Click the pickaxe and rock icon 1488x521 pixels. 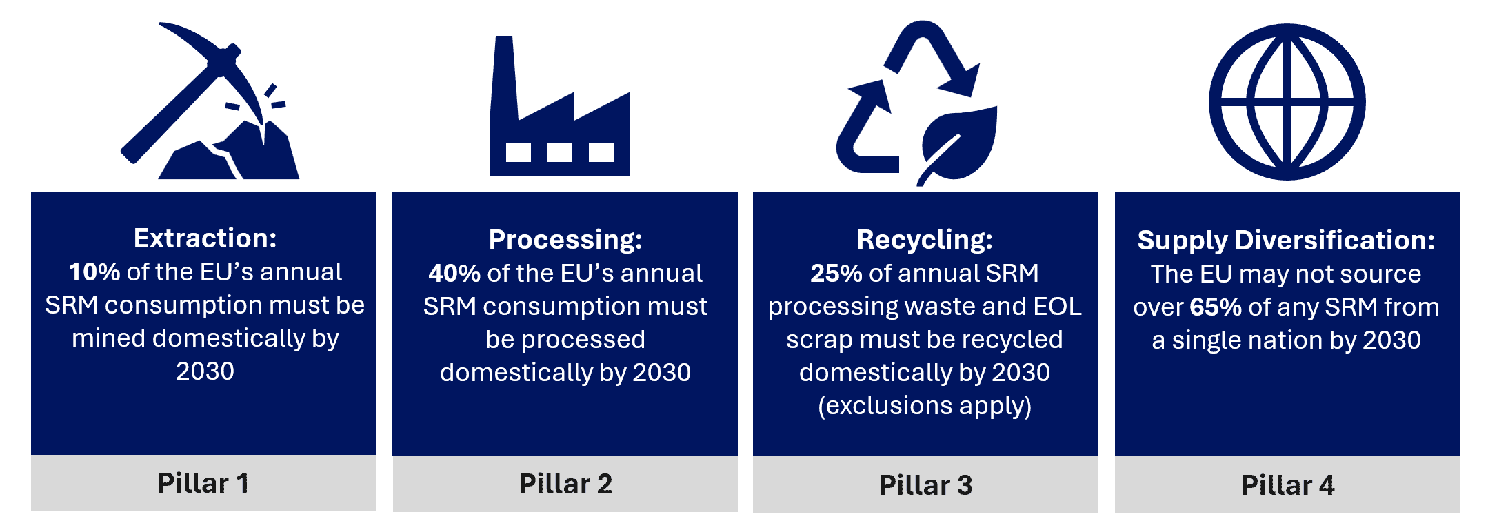207,110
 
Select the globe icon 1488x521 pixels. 1287,102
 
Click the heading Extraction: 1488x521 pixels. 205,238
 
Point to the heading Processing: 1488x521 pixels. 565,240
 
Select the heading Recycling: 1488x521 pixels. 925,240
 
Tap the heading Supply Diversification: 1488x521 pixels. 1287,241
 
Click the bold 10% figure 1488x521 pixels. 94,272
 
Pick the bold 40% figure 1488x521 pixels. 454,274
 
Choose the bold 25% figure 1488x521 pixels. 836,274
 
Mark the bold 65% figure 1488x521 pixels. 1216,307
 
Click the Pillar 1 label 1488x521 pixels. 203,483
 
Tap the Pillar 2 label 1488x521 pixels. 565,484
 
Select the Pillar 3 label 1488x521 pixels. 925,485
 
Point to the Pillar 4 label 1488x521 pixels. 1287,485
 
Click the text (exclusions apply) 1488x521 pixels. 925,406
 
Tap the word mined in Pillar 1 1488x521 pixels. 108,338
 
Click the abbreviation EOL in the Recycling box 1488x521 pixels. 1057,307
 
